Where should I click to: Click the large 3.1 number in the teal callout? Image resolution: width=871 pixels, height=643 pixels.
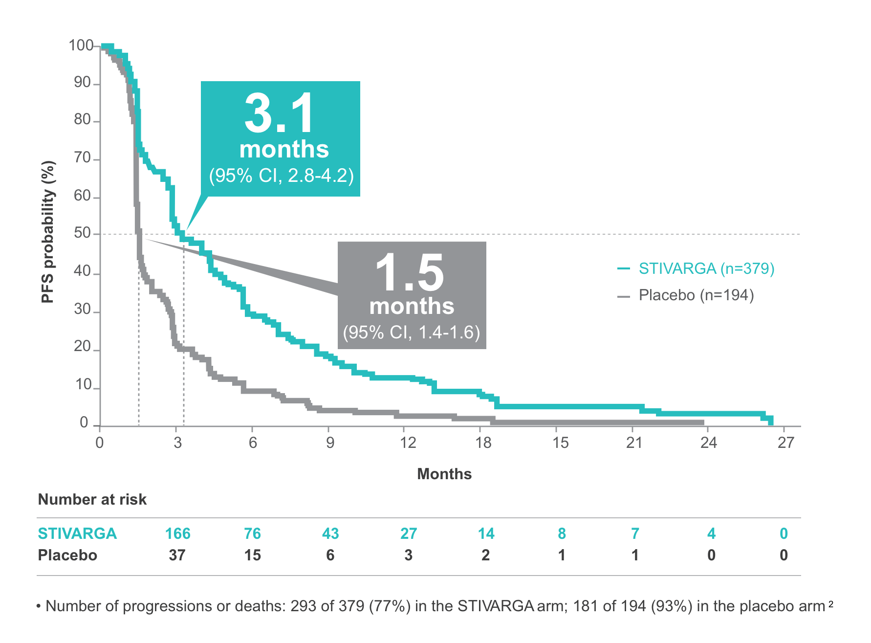[280, 113]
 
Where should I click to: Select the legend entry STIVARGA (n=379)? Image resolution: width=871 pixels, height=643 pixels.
[706, 268]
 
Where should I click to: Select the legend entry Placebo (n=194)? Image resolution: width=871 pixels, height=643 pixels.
[696, 295]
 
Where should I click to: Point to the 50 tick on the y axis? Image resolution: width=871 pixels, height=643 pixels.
[83, 233]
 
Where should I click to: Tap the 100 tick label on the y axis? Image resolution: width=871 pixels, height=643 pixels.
[81, 45]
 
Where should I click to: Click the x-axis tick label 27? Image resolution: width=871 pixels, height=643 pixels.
[786, 443]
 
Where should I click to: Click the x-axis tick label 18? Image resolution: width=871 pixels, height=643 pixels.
[483, 443]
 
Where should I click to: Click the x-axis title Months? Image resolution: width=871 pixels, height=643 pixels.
[444, 474]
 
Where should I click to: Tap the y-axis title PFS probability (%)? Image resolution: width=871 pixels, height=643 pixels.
[48, 232]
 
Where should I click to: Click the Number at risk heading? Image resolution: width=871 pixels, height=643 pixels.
[92, 499]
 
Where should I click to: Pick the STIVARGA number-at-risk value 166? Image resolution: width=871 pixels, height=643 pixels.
[177, 533]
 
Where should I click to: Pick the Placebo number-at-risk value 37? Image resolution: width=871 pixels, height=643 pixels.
[177, 555]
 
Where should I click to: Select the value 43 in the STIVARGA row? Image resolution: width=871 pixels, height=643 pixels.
[330, 533]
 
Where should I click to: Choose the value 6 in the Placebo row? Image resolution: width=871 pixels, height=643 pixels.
[330, 555]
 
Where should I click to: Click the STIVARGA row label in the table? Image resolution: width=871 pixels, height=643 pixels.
[77, 533]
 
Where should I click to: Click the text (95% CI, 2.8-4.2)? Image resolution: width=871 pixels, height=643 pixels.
[281, 175]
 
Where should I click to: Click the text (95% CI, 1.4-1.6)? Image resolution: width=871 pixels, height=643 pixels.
[412, 332]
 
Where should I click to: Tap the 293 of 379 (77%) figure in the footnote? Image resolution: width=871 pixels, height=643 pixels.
[350, 606]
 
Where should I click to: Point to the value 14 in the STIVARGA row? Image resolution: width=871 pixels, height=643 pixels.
[486, 533]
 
